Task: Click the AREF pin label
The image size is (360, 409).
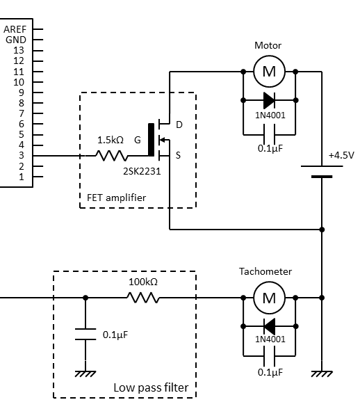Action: tap(15, 29)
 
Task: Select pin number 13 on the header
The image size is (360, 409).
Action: tap(19, 50)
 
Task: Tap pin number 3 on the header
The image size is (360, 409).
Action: tap(22, 156)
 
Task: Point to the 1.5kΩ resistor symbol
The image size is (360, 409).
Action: tap(112, 156)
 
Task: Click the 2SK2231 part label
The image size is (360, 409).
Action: tap(142, 171)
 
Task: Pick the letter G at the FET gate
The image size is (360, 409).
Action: tap(138, 141)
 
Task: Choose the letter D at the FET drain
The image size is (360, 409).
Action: tap(179, 125)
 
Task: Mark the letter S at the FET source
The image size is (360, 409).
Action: tap(178, 156)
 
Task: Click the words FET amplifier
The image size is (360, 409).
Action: tap(116, 198)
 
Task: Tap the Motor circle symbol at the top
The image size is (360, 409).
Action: tap(269, 71)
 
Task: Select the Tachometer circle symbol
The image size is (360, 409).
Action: tap(269, 298)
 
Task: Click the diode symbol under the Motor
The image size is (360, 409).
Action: tap(269, 100)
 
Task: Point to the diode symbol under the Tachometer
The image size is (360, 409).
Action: tap(269, 326)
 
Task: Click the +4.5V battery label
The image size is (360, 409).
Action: tap(341, 156)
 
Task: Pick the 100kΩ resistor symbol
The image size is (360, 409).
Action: tap(143, 298)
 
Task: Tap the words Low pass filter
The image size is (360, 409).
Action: tap(151, 387)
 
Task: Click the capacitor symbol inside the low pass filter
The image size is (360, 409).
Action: tap(85, 334)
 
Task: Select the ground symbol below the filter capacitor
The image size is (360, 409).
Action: tap(85, 374)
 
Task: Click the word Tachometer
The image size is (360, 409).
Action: tap(265, 271)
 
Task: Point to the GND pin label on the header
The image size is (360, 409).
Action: tap(16, 40)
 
